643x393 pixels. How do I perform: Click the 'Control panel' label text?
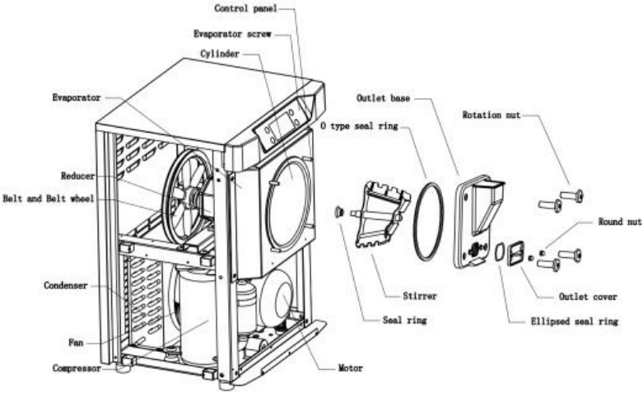tap(245, 8)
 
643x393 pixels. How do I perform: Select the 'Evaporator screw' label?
tap(231, 35)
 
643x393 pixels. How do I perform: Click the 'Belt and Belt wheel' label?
tap(49, 199)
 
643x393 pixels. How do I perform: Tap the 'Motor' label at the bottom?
tap(349, 367)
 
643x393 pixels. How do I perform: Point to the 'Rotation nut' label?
tap(492, 115)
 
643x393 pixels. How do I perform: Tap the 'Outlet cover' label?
tap(588, 296)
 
